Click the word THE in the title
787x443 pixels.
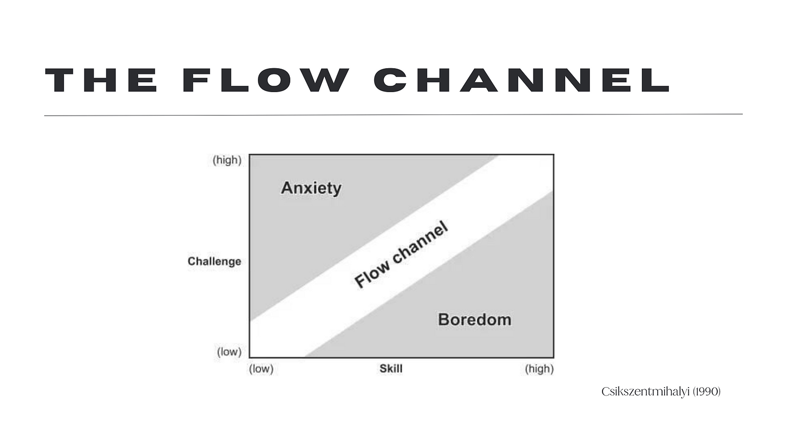101,80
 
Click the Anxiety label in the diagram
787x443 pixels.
311,188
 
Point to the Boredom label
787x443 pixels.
474,319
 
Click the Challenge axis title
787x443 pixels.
214,261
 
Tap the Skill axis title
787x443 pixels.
391,368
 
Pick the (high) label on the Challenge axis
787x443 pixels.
227,160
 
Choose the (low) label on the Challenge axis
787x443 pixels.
229,351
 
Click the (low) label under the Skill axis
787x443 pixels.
261,368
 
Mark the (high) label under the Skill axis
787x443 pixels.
539,368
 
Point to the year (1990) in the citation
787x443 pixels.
707,392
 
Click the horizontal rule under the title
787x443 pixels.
393,114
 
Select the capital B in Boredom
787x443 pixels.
444,319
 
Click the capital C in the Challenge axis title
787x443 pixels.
191,261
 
